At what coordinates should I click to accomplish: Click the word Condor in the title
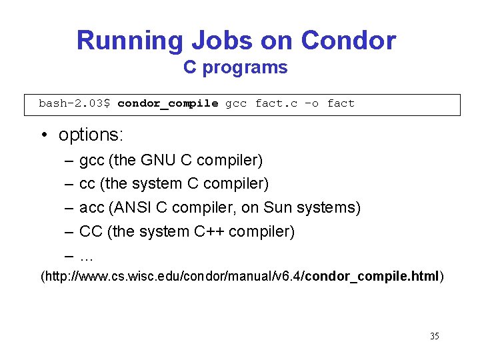(348, 41)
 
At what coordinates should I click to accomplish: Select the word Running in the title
(130, 41)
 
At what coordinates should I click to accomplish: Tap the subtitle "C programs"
(235, 68)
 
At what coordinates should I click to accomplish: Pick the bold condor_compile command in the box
(168, 103)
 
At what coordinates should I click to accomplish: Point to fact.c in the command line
(276, 103)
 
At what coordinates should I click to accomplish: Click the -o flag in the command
(311, 103)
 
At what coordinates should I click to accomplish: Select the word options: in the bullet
(91, 135)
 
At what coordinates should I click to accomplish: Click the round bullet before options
(43, 135)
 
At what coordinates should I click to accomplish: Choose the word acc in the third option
(91, 208)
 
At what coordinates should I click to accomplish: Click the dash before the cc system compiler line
(69, 184)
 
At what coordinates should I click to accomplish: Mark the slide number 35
(434, 337)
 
